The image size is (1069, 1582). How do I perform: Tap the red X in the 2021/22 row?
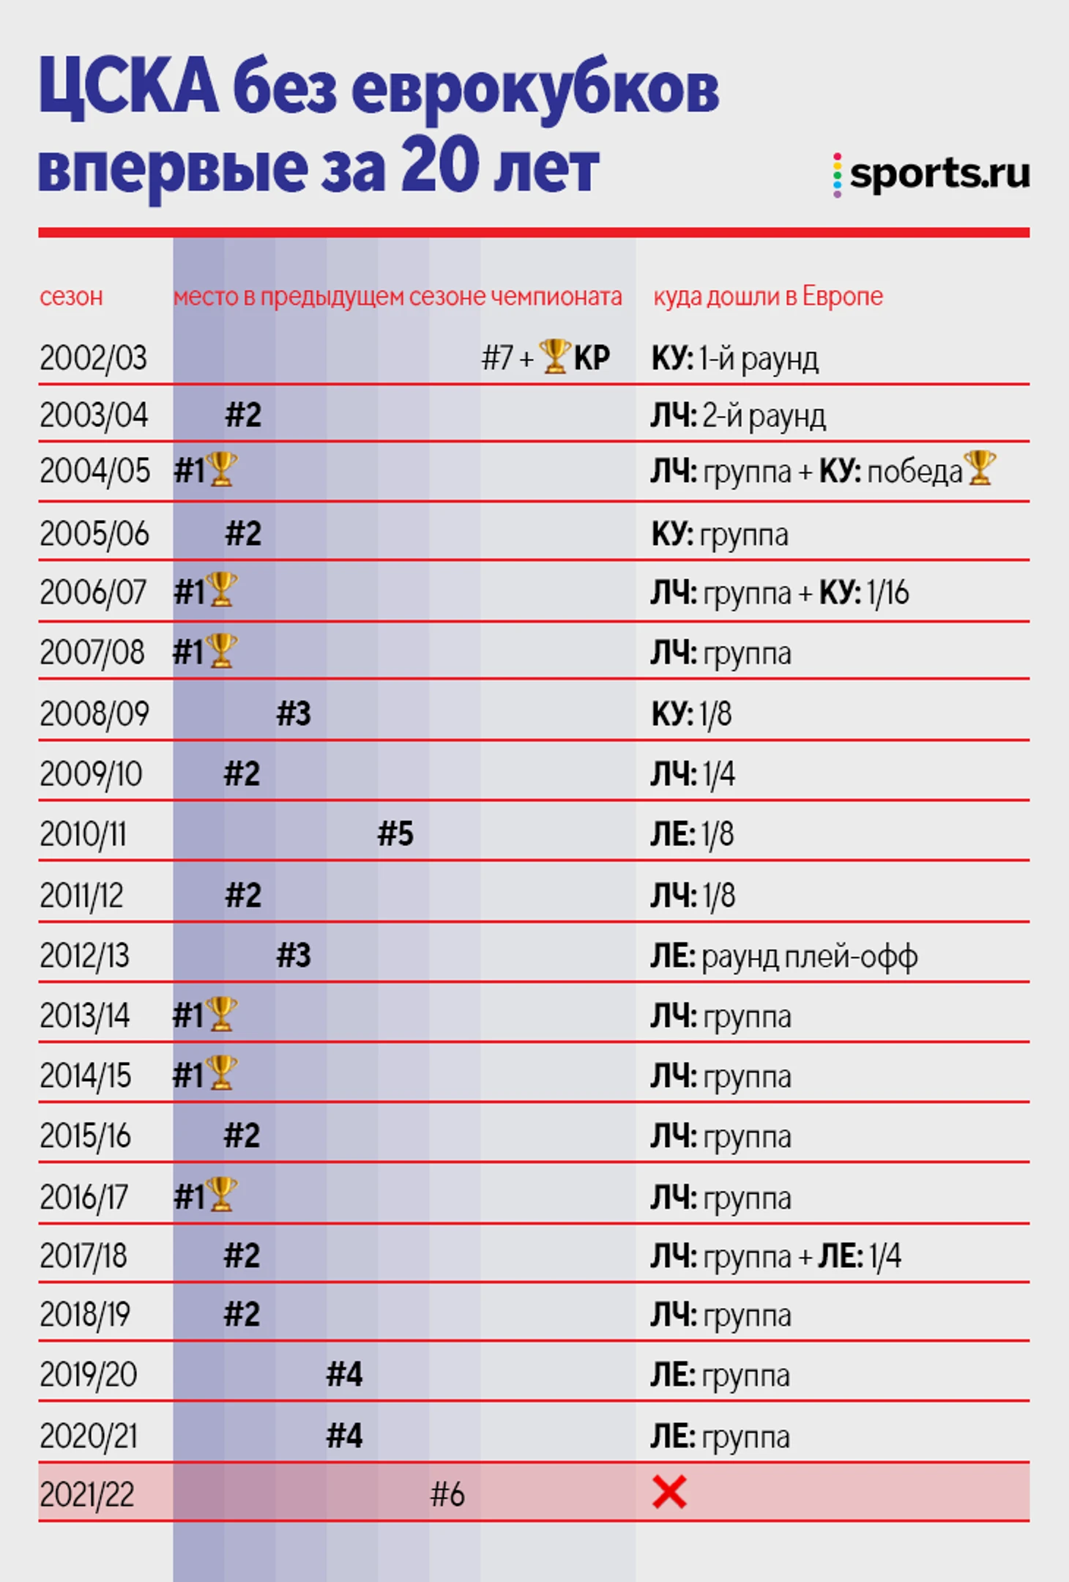point(668,1492)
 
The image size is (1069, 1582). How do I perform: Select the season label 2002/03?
point(93,358)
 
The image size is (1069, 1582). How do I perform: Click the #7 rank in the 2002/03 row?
point(497,358)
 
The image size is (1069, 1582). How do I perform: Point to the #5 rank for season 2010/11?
point(395,834)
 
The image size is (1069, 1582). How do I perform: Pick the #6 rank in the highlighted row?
point(447,1494)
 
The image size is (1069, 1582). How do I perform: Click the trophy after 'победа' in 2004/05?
point(980,468)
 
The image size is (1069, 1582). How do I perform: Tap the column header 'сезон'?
point(71,297)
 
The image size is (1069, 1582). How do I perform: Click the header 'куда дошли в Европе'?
point(768,297)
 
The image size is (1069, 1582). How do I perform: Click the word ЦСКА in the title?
point(128,88)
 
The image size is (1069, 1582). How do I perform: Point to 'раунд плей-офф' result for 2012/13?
point(809,957)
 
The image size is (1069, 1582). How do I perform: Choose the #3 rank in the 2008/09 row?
point(294,713)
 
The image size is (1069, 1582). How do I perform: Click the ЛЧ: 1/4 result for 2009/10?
point(693,774)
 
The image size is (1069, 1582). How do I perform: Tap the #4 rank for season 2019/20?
point(344,1375)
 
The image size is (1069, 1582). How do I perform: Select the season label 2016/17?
point(84,1197)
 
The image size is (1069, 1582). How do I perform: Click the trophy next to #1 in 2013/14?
point(221,1014)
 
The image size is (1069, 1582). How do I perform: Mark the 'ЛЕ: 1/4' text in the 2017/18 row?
point(859,1257)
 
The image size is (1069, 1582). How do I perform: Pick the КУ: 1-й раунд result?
point(734,359)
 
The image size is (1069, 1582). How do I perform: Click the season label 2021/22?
point(87,1495)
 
